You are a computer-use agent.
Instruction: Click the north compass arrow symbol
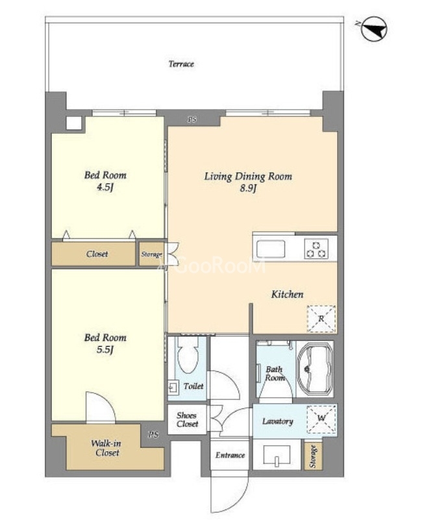(374, 29)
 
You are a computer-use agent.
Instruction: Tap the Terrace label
(181, 64)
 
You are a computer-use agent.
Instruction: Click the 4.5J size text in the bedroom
(105, 187)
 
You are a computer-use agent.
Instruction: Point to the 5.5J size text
(105, 349)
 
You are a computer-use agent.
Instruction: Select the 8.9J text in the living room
(248, 188)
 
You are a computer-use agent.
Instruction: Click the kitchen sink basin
(270, 249)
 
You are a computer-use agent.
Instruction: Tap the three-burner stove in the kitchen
(316, 249)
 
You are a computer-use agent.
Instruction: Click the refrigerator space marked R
(321, 319)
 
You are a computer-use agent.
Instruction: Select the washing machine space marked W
(321, 419)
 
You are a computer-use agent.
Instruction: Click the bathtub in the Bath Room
(315, 369)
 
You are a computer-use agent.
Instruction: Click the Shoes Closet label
(187, 419)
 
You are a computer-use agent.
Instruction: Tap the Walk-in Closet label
(106, 448)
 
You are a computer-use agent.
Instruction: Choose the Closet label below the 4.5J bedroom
(97, 254)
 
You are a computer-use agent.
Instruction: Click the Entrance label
(231, 455)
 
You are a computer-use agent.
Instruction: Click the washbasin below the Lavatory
(277, 455)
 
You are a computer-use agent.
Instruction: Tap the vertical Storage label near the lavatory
(313, 456)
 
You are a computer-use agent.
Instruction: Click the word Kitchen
(287, 294)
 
